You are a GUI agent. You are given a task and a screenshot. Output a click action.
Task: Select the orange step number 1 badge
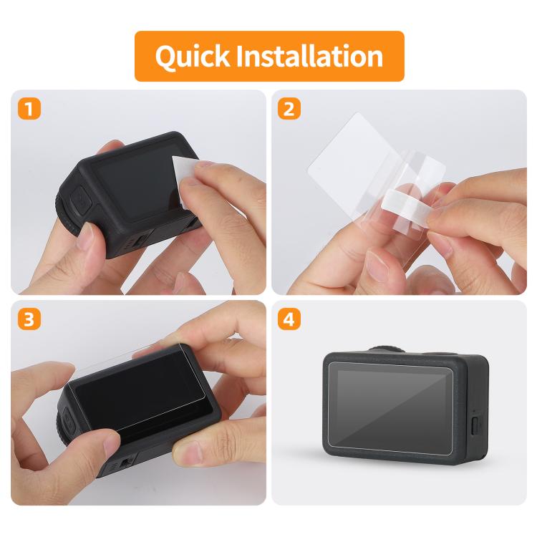[x=29, y=109]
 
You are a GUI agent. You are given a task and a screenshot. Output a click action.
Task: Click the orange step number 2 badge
[x=289, y=109]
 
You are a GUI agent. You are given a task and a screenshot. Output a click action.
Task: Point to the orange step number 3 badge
[x=29, y=319]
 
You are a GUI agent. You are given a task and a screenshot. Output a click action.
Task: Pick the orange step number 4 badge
[x=289, y=319]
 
